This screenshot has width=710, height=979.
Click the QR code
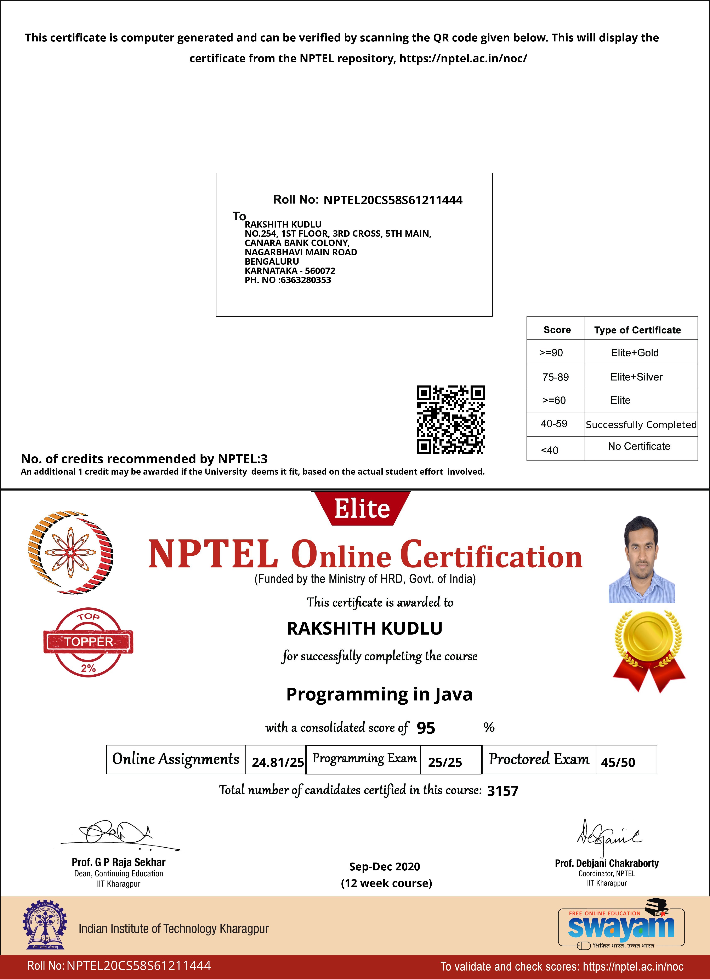point(450,420)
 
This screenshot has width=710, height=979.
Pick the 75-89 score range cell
point(555,377)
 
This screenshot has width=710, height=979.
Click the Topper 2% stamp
point(89,642)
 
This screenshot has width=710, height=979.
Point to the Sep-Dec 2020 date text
point(384,866)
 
